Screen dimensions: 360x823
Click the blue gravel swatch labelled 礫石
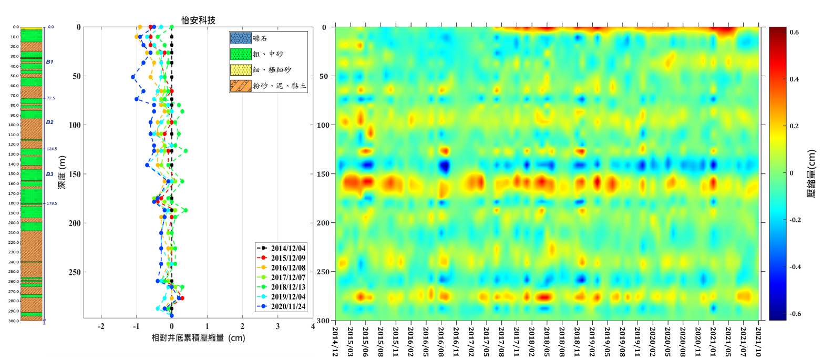point(241,38)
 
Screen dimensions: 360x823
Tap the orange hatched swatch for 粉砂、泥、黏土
point(241,86)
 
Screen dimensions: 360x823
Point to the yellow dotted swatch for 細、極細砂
point(241,70)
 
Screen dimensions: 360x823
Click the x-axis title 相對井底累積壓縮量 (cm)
point(198,338)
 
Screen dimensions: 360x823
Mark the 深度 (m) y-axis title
point(62,173)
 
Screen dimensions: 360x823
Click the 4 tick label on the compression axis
point(313,326)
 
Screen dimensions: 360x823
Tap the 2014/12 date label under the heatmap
point(335,340)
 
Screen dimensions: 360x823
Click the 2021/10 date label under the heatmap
point(759,340)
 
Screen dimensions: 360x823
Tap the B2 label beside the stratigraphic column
point(49,122)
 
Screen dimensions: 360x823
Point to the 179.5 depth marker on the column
point(52,203)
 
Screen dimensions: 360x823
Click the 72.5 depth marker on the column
point(51,98)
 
